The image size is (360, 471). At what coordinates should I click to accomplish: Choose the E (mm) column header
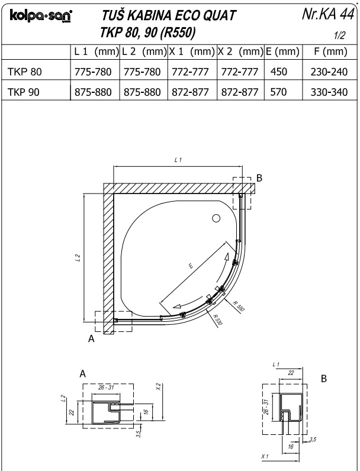click(x=281, y=51)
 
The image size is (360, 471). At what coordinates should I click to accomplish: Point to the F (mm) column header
click(x=328, y=51)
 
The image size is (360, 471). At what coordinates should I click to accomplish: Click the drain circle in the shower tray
click(x=217, y=218)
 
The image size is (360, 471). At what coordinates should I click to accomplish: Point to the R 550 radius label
click(x=239, y=306)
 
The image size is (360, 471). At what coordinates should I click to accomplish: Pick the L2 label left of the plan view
click(x=78, y=258)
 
